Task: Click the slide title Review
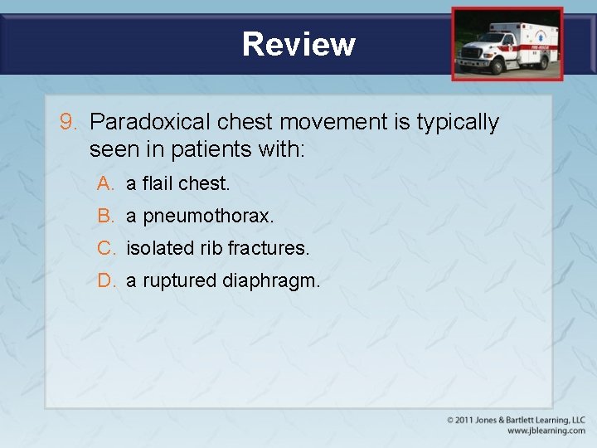coord(298,43)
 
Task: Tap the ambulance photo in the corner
coord(507,43)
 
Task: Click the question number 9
coord(69,122)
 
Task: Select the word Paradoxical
coord(150,122)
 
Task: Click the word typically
coord(458,123)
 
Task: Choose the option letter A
coord(105,183)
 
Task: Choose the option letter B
coord(105,216)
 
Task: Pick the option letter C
coord(105,248)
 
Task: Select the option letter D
coord(105,280)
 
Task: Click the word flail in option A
coord(158,183)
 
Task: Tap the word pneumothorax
coord(207,216)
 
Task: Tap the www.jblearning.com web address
coord(546,431)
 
